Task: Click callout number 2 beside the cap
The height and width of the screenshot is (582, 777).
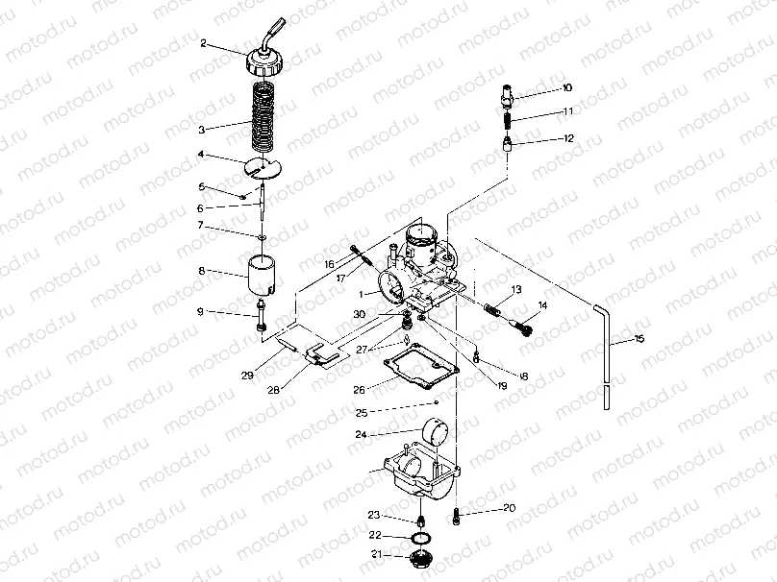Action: (x=204, y=43)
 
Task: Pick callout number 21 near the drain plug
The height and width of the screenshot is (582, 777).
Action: (x=377, y=554)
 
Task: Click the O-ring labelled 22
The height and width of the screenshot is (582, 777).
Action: (x=420, y=535)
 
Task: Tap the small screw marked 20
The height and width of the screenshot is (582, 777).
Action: (x=458, y=520)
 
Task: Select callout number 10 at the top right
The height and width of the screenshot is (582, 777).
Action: (x=567, y=87)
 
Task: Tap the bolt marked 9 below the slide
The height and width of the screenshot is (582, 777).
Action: (x=261, y=319)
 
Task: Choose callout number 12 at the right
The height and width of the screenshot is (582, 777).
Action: (x=568, y=138)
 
